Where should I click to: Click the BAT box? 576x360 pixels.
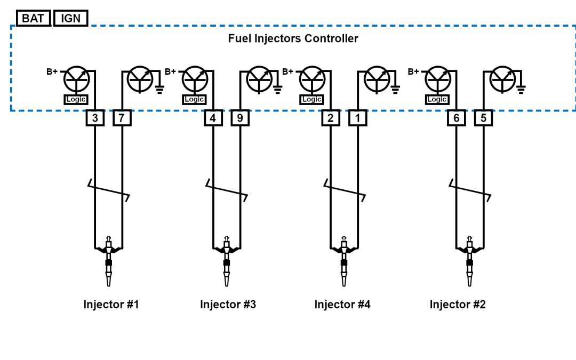point(33,18)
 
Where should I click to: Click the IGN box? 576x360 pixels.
point(70,18)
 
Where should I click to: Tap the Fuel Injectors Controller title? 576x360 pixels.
point(293,38)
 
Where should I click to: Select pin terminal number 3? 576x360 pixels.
point(95,118)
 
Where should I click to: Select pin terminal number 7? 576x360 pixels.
point(122,118)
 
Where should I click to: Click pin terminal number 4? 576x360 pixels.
point(213,118)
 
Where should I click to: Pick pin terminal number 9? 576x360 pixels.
point(240,118)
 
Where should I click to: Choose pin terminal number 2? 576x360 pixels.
point(331,118)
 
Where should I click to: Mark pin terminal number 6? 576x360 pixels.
point(457,118)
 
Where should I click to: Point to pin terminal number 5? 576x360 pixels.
point(484,118)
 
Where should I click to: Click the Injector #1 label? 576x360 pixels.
point(111,305)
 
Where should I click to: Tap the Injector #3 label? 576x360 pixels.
point(228,305)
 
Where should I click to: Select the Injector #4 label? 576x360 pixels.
point(342,305)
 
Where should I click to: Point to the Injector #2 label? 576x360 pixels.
point(458,305)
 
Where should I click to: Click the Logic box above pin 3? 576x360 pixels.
point(76,99)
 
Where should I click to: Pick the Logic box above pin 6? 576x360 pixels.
point(437,99)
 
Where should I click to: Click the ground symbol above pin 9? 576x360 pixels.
point(277,87)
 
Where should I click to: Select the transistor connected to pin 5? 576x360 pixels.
point(502,79)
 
